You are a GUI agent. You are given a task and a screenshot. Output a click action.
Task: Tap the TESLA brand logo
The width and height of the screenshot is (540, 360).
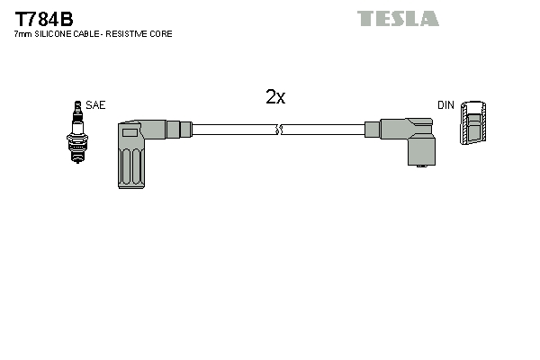click(x=397, y=18)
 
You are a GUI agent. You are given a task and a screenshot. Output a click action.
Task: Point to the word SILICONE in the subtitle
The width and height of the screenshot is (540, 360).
click(x=53, y=34)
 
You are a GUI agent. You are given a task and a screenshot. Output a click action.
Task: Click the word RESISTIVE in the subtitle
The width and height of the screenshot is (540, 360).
click(x=131, y=34)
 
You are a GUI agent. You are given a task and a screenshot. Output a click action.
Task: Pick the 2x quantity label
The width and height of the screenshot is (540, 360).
click(x=275, y=97)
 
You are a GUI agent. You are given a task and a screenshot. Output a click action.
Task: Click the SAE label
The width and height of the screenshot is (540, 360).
click(x=95, y=105)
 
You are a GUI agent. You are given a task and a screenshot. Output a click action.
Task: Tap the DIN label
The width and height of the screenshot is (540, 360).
click(x=445, y=105)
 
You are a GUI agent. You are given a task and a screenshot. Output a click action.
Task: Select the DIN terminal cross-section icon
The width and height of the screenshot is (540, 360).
click(x=473, y=122)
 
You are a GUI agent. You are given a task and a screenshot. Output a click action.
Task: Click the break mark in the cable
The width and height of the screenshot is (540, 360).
click(x=280, y=130)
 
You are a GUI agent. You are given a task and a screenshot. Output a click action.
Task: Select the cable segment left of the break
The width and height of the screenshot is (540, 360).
click(x=234, y=130)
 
